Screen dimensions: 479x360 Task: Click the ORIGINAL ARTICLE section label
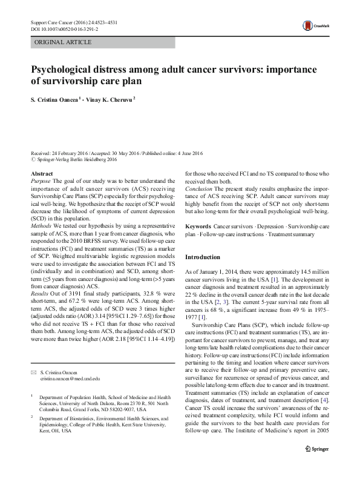pos(63,42)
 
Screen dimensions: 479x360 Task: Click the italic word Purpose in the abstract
pos(41,181)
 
